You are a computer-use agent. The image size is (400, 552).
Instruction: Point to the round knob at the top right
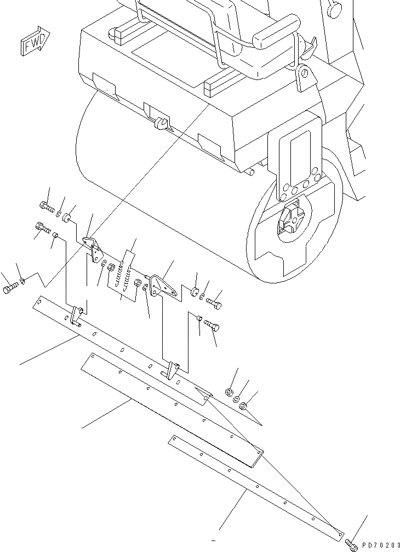pos(334,9)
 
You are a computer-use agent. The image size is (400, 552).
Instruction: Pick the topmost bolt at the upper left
pos(47,207)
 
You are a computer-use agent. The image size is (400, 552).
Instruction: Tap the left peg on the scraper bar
pos(77,316)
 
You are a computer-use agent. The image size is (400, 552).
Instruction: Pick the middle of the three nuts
pos(237,400)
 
